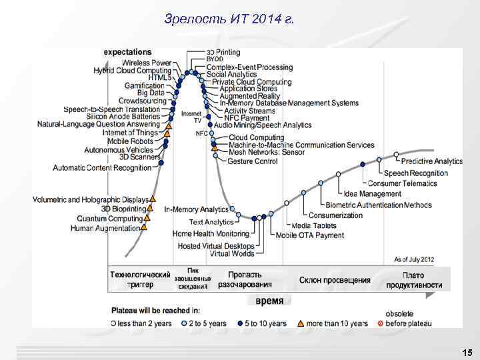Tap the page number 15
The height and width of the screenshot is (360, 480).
coord(467,352)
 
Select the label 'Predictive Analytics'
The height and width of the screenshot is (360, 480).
coord(432,161)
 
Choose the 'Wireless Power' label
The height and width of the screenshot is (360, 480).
coord(147,63)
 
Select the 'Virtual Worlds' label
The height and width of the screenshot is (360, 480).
coord(231,254)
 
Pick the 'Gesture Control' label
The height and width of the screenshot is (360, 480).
coord(253,161)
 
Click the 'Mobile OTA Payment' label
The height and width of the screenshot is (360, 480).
coord(310,235)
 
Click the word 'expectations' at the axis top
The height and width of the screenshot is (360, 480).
coord(127,51)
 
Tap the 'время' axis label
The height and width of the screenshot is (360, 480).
coord(269,301)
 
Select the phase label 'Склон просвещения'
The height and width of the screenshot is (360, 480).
coord(335,280)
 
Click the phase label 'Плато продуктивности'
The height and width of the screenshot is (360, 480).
coord(413,280)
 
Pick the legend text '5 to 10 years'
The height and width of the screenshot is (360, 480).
coord(265,323)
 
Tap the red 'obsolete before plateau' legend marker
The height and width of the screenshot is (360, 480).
coord(380,323)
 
